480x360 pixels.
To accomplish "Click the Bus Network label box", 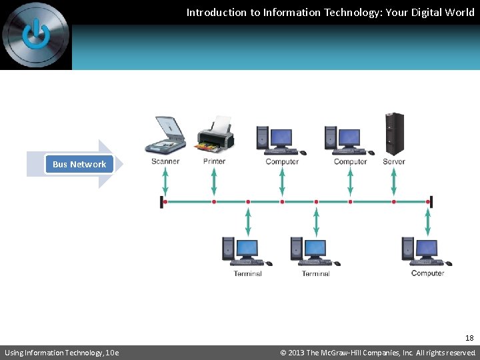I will (x=79, y=164).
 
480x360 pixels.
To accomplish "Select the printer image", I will (x=215, y=134).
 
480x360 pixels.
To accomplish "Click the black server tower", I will (x=394, y=133).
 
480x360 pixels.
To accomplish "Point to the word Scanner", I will (x=165, y=161).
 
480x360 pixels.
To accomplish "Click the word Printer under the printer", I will (x=214, y=161).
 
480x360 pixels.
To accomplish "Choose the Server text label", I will (x=394, y=161).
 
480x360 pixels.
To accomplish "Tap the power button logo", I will (x=35, y=34).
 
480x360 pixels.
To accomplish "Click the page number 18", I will (x=469, y=338).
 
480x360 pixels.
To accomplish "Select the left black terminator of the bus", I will (x=162, y=201).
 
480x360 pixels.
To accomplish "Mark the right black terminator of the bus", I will (x=431, y=201).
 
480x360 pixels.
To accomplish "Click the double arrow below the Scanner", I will (x=165, y=181).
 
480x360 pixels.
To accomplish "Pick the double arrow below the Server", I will (x=394, y=181).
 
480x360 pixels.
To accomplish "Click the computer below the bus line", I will (x=425, y=252).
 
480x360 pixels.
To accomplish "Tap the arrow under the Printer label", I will (x=214, y=181).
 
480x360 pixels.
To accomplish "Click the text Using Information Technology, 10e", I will (x=61, y=353).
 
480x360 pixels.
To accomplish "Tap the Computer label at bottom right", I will (x=427, y=273).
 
